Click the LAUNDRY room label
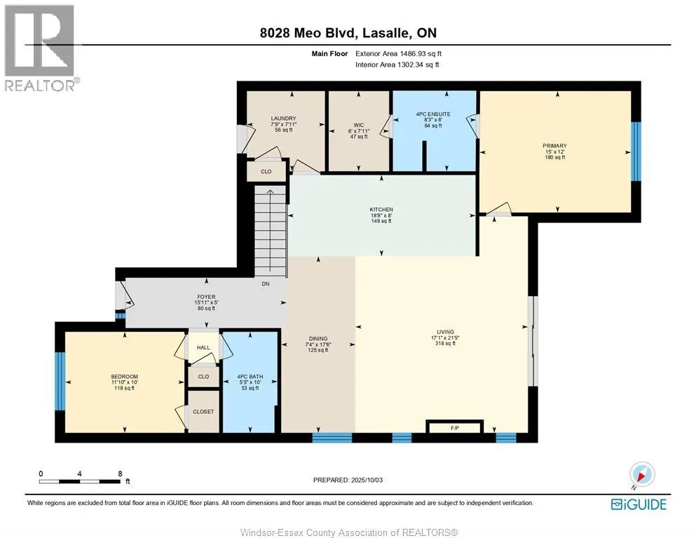click(x=284, y=119)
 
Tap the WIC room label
click(x=359, y=126)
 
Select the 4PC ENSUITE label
click(x=433, y=114)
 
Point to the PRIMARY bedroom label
click(x=555, y=146)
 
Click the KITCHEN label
click(x=381, y=210)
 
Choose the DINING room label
click(x=318, y=339)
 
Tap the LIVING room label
click(x=445, y=332)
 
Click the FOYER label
click(x=206, y=297)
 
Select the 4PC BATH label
click(x=250, y=377)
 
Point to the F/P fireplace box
click(x=454, y=427)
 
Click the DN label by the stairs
click(x=266, y=284)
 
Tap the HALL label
click(x=203, y=347)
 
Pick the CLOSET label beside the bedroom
click(x=203, y=412)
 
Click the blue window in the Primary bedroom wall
click(x=636, y=151)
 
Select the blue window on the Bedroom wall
click(x=60, y=381)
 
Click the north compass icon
click(x=642, y=474)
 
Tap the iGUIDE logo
click(x=639, y=504)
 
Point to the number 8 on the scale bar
click(x=120, y=473)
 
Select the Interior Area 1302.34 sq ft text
click(x=397, y=65)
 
